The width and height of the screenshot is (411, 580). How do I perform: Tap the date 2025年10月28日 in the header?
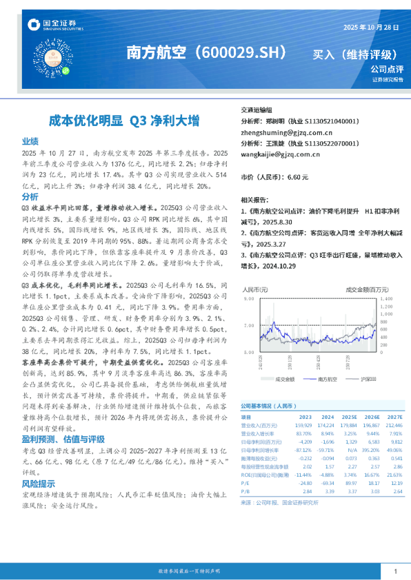[x=372, y=27]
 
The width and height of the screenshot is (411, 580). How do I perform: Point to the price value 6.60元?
[x=297, y=177]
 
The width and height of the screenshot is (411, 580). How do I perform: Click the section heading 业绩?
[x=30, y=140]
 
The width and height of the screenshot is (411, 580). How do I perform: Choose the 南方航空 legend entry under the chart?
[x=321, y=379]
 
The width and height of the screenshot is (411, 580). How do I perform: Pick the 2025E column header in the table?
[x=349, y=417]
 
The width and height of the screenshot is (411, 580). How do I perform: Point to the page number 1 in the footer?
[x=395, y=571]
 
